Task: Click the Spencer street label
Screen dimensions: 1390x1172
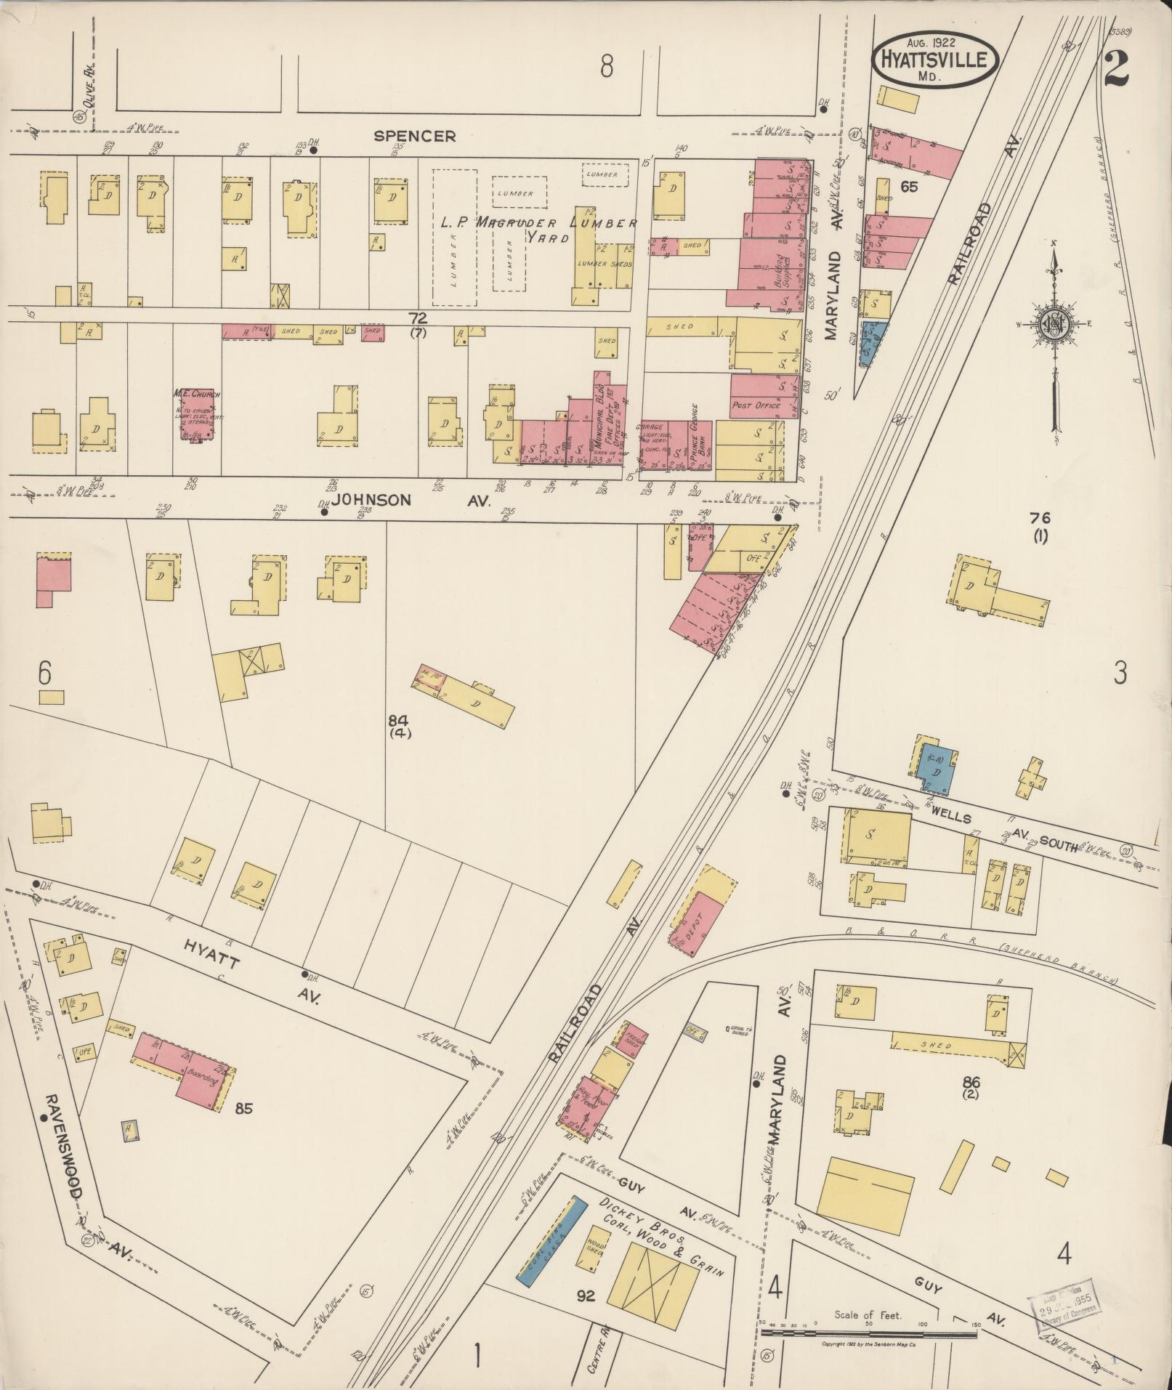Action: pos(415,136)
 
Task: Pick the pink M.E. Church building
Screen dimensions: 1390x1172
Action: pos(196,416)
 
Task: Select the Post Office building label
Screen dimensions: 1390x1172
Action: pos(756,405)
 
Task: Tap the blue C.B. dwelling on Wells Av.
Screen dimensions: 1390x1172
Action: pos(935,769)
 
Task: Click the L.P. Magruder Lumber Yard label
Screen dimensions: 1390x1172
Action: pos(538,224)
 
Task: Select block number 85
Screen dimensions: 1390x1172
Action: pos(243,1109)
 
